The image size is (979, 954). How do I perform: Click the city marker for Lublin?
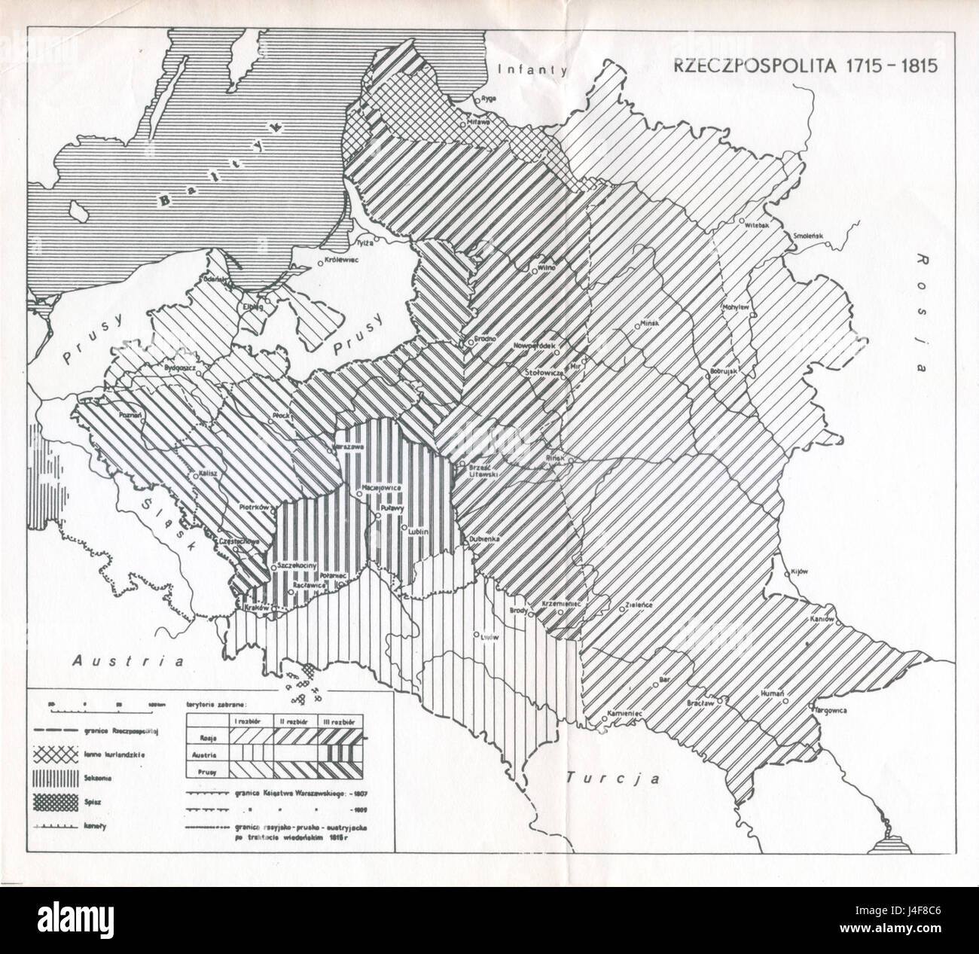coord(404,526)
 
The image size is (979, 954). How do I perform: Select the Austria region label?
coord(129,661)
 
